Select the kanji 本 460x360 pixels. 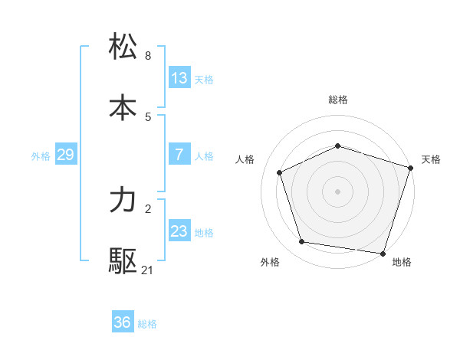click(123, 106)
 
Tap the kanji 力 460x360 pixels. click(123, 201)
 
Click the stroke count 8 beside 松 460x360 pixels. click(148, 56)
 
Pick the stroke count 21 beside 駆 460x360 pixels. click(148, 270)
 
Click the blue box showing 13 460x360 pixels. click(179, 78)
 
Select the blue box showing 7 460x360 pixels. click(179, 155)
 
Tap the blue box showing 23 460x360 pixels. click(179, 231)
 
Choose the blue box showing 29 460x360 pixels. click(65, 155)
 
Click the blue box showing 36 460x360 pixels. click(123, 322)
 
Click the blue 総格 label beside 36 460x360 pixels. click(147, 324)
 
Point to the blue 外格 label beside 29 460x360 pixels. click(41, 156)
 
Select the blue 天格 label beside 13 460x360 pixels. click(204, 80)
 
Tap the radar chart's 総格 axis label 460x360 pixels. click(338, 100)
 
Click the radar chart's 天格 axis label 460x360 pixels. click(432, 159)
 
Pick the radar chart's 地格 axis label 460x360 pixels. click(402, 262)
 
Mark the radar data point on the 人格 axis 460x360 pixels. click(280, 172)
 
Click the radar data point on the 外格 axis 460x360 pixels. click(302, 242)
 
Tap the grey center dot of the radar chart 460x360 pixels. click(338, 191)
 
